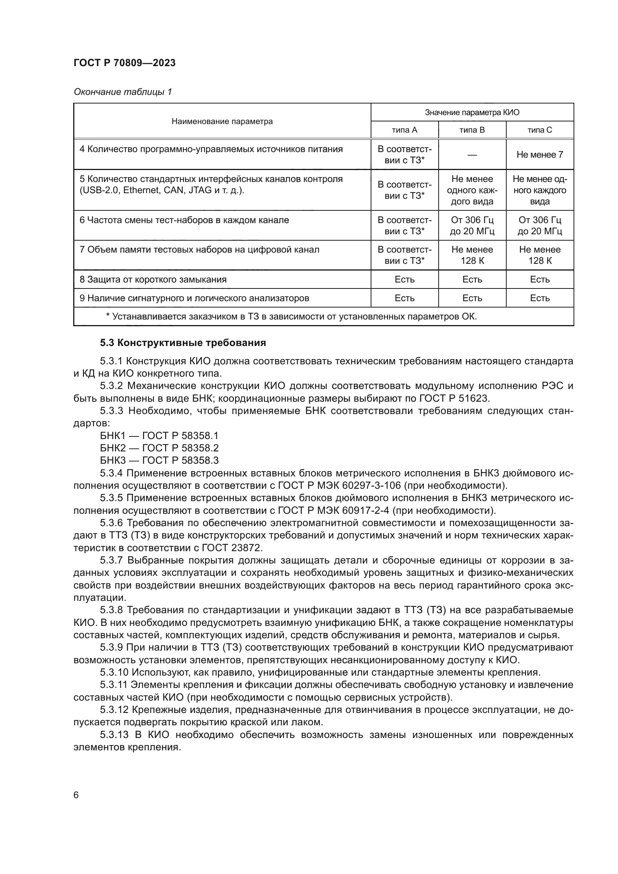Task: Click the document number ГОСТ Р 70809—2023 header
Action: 124,63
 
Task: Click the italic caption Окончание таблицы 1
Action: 123,92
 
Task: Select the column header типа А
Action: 404,130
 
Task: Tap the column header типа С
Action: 539,130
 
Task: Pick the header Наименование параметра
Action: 222,121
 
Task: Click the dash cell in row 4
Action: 472,155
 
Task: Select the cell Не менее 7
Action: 539,155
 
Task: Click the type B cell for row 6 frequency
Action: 472,225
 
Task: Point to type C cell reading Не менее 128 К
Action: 539,255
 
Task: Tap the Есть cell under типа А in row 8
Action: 404,280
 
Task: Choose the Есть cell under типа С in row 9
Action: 539,298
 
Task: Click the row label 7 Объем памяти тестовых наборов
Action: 199,250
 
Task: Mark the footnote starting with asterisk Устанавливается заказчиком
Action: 291,316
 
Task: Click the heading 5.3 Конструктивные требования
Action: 183,343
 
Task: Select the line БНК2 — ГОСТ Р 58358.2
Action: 159,448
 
